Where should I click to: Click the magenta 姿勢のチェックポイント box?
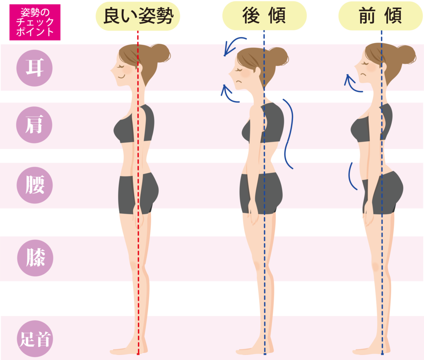tap(35, 22)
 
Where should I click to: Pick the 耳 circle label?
tap(35, 68)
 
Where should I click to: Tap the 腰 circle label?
tap(35, 185)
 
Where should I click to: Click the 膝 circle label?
tap(35, 258)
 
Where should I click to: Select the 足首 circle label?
tap(35, 340)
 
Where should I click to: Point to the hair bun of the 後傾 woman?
tap(279, 56)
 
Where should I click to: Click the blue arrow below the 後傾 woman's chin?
tap(230, 94)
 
